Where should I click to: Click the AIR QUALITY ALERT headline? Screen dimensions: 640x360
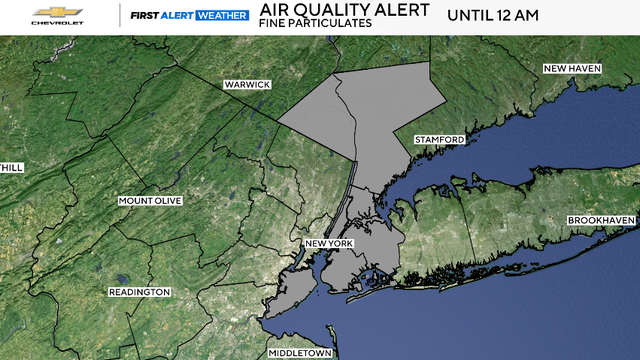coord(330,11)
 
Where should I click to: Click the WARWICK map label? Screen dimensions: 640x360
coord(246,85)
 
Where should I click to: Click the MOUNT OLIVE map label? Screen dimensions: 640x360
coord(149,201)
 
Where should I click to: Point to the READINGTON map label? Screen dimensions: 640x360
coord(139,292)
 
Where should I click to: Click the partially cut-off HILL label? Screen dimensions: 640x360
coord(11,167)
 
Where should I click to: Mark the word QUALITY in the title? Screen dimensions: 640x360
coord(335,11)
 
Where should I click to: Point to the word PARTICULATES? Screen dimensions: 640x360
coord(323,26)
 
